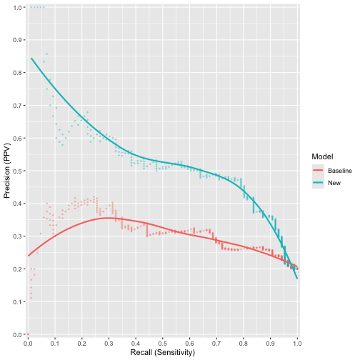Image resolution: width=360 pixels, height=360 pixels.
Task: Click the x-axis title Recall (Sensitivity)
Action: (x=162, y=352)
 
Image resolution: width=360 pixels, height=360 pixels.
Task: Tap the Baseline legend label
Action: (x=340, y=171)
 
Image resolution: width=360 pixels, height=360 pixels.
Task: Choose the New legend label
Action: (x=335, y=183)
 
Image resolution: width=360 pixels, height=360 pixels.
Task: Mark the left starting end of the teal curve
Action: (x=31, y=59)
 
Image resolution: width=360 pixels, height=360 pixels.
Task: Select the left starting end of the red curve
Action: (x=28, y=256)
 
